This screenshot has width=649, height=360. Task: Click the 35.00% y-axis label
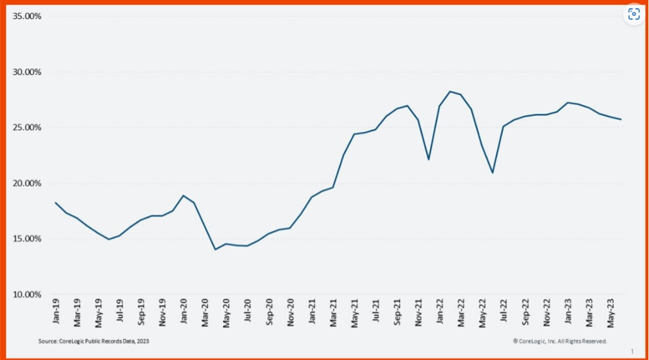(x=28, y=16)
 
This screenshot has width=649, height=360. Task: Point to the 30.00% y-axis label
(x=28, y=72)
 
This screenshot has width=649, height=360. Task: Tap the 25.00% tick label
(x=28, y=128)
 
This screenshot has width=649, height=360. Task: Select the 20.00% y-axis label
(x=28, y=183)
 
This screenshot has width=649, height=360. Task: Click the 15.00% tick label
(x=28, y=239)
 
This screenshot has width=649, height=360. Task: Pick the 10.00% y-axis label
(x=28, y=294)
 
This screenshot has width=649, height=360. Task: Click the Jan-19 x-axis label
(x=56, y=311)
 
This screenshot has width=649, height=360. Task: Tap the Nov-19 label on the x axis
(x=162, y=311)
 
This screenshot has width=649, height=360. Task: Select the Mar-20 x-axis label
(x=205, y=311)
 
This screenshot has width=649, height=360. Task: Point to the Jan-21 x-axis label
(x=312, y=311)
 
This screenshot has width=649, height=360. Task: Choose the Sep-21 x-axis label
(x=397, y=311)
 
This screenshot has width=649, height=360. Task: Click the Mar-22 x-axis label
(x=461, y=311)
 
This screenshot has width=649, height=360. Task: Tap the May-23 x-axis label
(x=611, y=311)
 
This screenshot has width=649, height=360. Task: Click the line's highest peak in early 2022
(x=450, y=91)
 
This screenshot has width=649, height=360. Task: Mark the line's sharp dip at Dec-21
(x=429, y=160)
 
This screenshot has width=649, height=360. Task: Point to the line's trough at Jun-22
(x=493, y=173)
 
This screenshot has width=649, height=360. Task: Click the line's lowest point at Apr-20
(x=215, y=250)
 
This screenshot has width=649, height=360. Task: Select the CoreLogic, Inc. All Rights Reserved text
(x=560, y=341)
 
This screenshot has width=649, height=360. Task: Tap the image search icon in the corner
(x=633, y=15)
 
